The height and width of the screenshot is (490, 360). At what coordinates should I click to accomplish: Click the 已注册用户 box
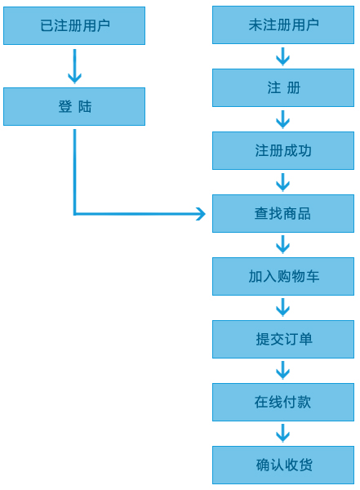pyautogui.click(x=74, y=25)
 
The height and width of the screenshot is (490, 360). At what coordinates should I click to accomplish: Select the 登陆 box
pyautogui.click(x=74, y=106)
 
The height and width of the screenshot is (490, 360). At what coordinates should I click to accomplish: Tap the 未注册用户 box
pyautogui.click(x=283, y=25)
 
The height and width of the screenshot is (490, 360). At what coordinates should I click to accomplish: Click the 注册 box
pyautogui.click(x=283, y=88)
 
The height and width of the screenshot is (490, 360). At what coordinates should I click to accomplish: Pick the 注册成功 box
pyautogui.click(x=283, y=150)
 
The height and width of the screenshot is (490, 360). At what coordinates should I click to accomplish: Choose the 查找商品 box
pyautogui.click(x=283, y=213)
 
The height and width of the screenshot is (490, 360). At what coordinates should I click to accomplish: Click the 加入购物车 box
pyautogui.click(x=283, y=276)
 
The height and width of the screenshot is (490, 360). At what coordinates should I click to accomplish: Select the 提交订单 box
pyautogui.click(x=283, y=339)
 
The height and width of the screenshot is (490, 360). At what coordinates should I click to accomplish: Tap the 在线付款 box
pyautogui.click(x=283, y=402)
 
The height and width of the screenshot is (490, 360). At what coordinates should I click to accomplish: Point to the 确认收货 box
pyautogui.click(x=283, y=465)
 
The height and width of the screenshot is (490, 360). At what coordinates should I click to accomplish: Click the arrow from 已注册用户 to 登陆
pyautogui.click(x=74, y=66)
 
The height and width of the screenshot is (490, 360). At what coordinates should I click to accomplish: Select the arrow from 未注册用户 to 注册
pyautogui.click(x=282, y=56)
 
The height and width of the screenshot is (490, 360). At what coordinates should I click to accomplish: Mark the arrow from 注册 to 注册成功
pyautogui.click(x=282, y=119)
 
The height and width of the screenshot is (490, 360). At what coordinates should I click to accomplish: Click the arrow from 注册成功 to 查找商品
pyautogui.click(x=282, y=182)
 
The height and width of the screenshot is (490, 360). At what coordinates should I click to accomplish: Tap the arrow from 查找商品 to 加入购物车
pyautogui.click(x=282, y=245)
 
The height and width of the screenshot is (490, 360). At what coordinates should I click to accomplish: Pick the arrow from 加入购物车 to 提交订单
pyautogui.click(x=282, y=308)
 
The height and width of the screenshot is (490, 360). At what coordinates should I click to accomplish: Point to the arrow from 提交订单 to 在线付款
pyautogui.click(x=282, y=371)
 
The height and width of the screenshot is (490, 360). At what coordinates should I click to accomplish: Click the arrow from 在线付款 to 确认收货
pyautogui.click(x=282, y=434)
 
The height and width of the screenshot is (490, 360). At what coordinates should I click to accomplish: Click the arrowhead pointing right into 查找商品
pyautogui.click(x=202, y=214)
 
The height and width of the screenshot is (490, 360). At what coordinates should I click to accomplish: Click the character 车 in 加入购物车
pyautogui.click(x=312, y=277)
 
